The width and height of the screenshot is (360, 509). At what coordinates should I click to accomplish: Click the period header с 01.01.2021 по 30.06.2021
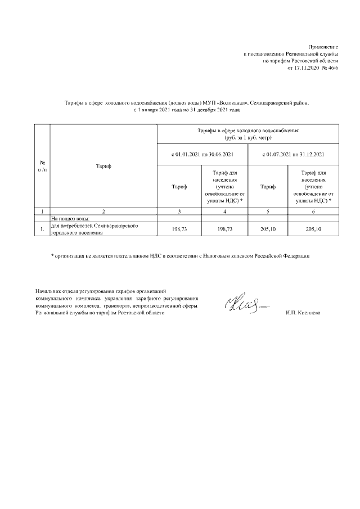tap(202, 154)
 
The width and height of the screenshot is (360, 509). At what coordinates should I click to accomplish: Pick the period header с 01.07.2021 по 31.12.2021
tap(295, 154)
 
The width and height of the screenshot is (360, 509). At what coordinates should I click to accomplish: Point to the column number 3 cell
tap(179, 211)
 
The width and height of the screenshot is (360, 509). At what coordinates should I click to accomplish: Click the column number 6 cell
tap(313, 211)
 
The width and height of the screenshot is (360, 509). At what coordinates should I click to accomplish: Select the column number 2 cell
tap(103, 211)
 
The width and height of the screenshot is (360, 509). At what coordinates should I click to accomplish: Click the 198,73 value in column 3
tap(179, 229)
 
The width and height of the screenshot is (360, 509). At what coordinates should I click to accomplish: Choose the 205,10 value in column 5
tap(268, 229)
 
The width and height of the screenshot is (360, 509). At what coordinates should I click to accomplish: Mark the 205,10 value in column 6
tap(313, 229)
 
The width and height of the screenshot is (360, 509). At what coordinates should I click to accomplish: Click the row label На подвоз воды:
tap(70, 218)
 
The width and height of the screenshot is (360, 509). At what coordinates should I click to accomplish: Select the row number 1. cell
tap(42, 229)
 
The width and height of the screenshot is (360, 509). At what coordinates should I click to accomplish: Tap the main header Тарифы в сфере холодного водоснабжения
tap(247, 134)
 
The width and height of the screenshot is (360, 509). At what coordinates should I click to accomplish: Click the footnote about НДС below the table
tap(180, 256)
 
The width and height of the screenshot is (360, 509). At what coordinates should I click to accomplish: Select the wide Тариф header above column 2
tap(103, 166)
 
